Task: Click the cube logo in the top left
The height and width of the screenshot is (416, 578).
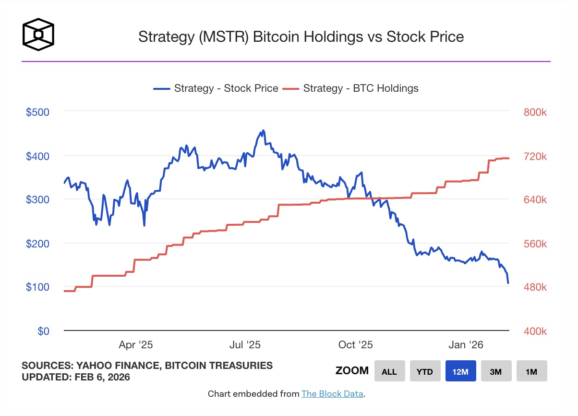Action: pos(38,35)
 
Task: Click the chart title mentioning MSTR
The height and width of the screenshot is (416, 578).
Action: pos(301,37)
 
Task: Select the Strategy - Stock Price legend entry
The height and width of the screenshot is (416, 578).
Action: pos(216,88)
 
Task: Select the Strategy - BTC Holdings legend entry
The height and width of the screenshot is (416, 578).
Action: pos(350,88)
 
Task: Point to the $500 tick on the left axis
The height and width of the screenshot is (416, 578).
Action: pos(37,112)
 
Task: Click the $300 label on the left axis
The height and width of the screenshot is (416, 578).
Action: pos(37,199)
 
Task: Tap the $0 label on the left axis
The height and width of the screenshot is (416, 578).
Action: pos(43,331)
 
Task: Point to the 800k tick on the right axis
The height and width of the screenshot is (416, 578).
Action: pos(535,112)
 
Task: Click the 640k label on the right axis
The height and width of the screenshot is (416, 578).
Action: pos(535,200)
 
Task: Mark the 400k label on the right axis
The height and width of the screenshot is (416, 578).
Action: pos(535,331)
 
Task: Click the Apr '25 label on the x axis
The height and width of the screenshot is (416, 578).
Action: pos(136,345)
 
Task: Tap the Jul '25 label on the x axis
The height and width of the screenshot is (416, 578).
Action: pos(245,345)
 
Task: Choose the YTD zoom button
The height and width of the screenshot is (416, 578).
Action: pos(425,371)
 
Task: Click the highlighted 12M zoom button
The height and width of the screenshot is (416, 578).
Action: pos(460,371)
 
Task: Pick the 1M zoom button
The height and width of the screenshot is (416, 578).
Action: pos(531,371)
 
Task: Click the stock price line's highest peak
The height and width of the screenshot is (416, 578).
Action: pos(263,130)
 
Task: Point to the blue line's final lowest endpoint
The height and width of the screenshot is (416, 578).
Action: pos(508,283)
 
